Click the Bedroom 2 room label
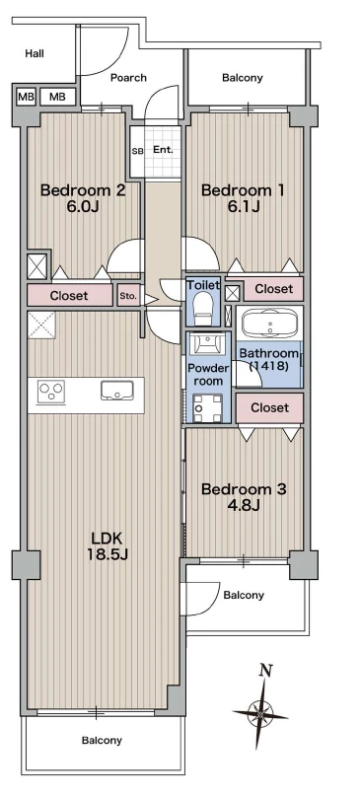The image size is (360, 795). click(83, 190)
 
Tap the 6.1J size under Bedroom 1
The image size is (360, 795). click(243, 207)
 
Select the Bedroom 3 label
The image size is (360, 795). click(244, 489)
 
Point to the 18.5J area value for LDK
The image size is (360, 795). click(108, 554)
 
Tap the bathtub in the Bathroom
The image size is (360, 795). click(269, 323)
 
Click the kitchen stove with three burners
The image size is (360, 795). click(51, 392)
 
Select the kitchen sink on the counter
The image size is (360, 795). click(116, 391)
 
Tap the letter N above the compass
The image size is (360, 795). click(264, 671)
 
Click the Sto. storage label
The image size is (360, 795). click(128, 297)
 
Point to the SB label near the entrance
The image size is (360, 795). click(137, 151)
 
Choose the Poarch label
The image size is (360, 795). click(129, 78)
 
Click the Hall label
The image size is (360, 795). click(35, 53)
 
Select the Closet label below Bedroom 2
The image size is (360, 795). click(69, 296)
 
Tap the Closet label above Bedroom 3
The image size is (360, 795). click(269, 407)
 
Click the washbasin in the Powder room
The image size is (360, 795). click(208, 344)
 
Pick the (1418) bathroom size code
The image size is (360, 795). click(267, 366)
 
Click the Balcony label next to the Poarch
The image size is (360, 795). click(243, 78)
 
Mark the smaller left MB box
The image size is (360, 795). click(26, 97)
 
